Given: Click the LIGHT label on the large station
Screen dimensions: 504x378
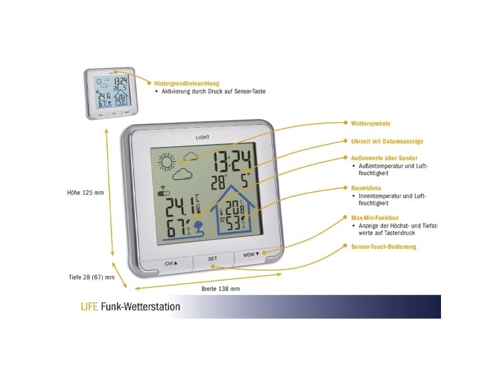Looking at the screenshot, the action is (202, 137).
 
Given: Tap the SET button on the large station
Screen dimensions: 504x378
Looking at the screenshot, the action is (213, 260).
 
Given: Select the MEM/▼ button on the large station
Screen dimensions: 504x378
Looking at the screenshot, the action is (251, 255).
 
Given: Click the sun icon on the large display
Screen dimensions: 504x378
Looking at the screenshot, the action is (167, 161).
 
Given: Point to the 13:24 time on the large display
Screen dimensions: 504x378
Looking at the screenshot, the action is (232, 161).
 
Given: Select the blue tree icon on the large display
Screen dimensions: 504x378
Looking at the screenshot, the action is (198, 226).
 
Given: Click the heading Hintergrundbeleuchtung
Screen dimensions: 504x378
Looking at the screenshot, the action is (186, 84).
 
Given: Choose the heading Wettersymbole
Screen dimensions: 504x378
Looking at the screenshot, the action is (370, 123).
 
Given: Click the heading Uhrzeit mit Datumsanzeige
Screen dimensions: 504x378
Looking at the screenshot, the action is (387, 141).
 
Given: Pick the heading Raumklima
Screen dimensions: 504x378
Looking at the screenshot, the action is (366, 188).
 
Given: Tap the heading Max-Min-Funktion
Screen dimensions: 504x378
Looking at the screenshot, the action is (374, 218).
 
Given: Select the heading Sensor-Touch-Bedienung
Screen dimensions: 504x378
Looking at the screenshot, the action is (384, 247).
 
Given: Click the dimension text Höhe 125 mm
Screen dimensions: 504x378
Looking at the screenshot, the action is (86, 193).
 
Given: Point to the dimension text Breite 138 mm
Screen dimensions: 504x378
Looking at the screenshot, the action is (220, 289).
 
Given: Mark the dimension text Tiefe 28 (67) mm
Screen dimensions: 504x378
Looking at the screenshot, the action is (91, 277).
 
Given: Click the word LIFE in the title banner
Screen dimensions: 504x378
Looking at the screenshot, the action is (89, 307).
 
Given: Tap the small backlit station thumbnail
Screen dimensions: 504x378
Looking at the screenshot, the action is (112, 93).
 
